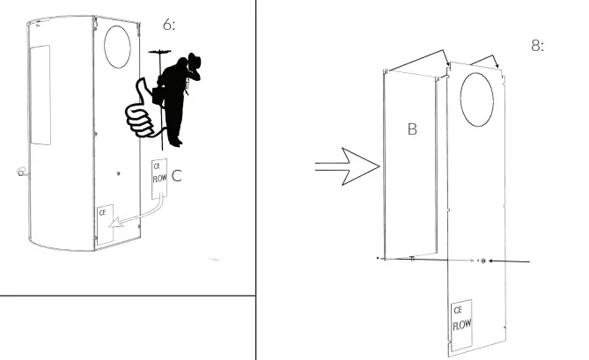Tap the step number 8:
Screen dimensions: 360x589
tap(538, 45)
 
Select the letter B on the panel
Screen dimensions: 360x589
tap(410, 129)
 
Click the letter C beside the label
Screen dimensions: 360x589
tap(176, 176)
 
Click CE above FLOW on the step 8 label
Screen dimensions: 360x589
tap(458, 310)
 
